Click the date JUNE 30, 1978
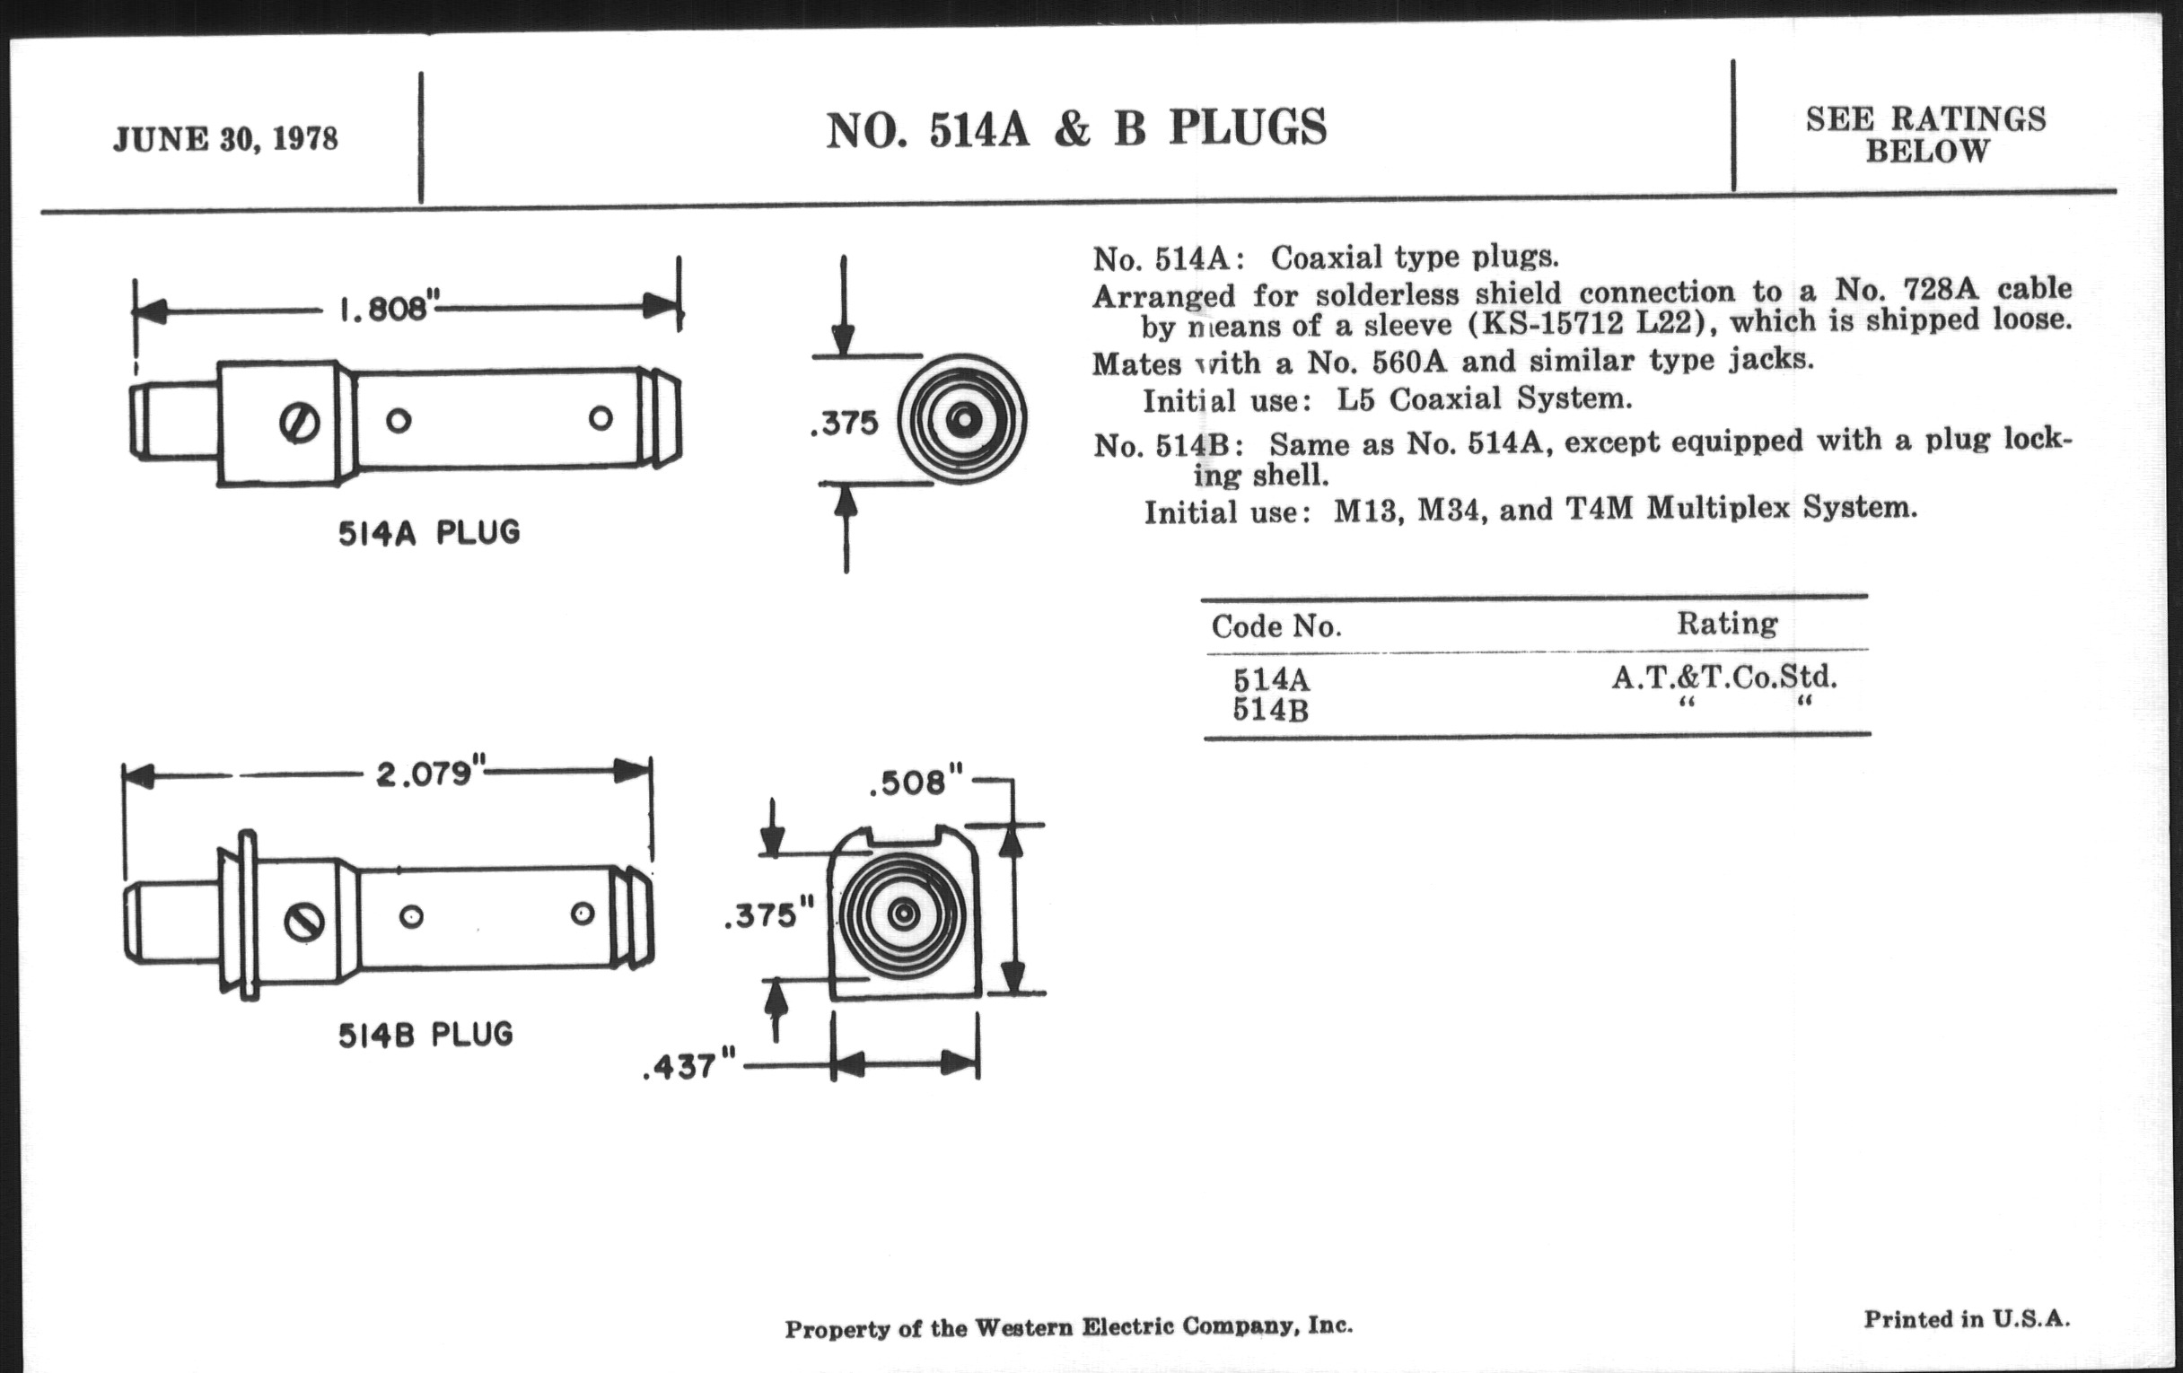click(224, 139)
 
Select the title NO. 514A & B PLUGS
click(1076, 127)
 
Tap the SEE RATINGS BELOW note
click(1925, 134)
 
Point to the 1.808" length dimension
click(383, 309)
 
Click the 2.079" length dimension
click(425, 774)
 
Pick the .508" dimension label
click(915, 783)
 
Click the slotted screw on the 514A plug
click(299, 424)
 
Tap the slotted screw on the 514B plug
click(304, 923)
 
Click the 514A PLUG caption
click(429, 532)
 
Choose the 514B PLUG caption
click(425, 1034)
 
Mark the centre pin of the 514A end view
click(963, 420)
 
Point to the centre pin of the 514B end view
click(903, 914)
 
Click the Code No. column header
click(1276, 626)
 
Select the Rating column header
click(1726, 623)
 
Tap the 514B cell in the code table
click(1270, 710)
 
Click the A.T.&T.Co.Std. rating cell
click(1723, 677)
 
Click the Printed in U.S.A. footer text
click(1967, 1318)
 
